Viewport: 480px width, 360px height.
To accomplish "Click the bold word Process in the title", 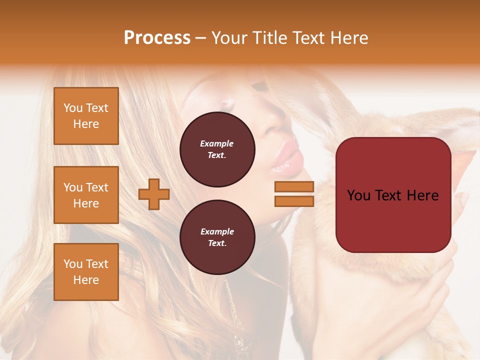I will tap(157, 38).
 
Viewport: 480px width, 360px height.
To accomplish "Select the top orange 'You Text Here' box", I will tap(86, 116).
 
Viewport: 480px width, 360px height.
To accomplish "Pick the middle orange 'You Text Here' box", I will tap(86, 195).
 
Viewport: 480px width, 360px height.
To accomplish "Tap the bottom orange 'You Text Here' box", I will tap(86, 272).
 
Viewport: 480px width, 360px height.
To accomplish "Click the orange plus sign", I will tap(154, 194).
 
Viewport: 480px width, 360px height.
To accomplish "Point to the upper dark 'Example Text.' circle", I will tap(217, 149).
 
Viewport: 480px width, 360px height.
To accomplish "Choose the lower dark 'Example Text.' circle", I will tap(217, 237).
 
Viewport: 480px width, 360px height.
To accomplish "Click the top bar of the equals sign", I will tap(294, 187).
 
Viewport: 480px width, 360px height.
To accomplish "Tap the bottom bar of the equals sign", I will tap(294, 201).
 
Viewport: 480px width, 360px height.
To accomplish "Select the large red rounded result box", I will tap(393, 195).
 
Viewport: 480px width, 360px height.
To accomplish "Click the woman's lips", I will tap(288, 153).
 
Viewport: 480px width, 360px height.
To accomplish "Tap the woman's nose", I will tap(272, 120).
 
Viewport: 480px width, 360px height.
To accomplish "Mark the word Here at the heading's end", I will tap(348, 38).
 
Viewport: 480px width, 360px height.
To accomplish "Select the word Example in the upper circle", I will tap(217, 143).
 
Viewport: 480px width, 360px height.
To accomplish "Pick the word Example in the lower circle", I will tap(217, 231).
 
